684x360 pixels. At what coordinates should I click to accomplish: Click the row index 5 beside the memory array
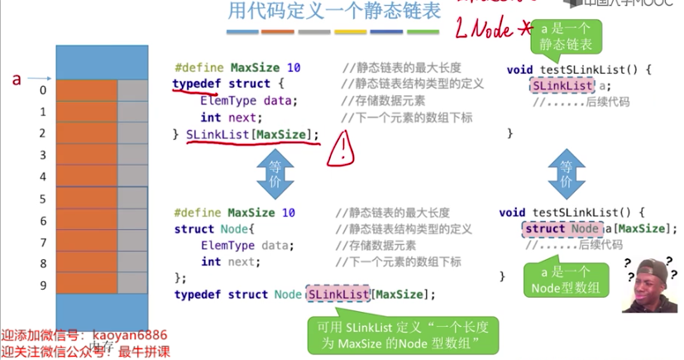click(x=43, y=199)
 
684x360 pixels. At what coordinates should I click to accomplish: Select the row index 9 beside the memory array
click(x=43, y=286)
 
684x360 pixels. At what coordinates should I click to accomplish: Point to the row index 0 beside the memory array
click(x=43, y=90)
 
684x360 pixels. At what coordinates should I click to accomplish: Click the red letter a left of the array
click(x=16, y=79)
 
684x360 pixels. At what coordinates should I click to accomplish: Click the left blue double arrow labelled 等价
click(x=275, y=174)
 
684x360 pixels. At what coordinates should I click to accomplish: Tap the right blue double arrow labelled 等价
click(x=567, y=174)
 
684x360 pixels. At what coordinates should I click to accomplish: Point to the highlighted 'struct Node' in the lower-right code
click(x=562, y=228)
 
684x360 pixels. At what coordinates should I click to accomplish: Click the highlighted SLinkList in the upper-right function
click(x=562, y=85)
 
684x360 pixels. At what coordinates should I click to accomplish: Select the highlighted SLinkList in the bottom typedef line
click(x=337, y=294)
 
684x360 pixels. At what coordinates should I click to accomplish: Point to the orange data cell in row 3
click(x=87, y=156)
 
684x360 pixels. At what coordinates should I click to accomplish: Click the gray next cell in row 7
click(x=132, y=242)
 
